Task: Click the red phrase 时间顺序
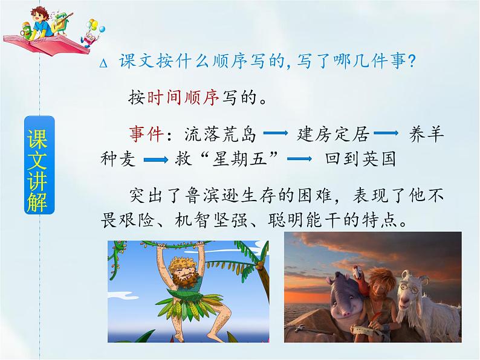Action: click(x=183, y=98)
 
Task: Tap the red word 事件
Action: click(x=146, y=133)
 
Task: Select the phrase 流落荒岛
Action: click(x=220, y=134)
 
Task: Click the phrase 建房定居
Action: click(x=333, y=134)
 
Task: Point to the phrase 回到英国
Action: click(x=361, y=159)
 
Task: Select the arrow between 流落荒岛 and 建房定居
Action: click(x=276, y=133)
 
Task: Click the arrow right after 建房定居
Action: click(x=386, y=133)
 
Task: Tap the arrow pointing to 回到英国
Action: click(x=300, y=159)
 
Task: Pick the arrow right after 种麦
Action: click(x=156, y=159)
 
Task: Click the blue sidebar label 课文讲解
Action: click(x=39, y=165)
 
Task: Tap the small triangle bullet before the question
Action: click(x=103, y=63)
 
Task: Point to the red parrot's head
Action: click(x=357, y=273)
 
